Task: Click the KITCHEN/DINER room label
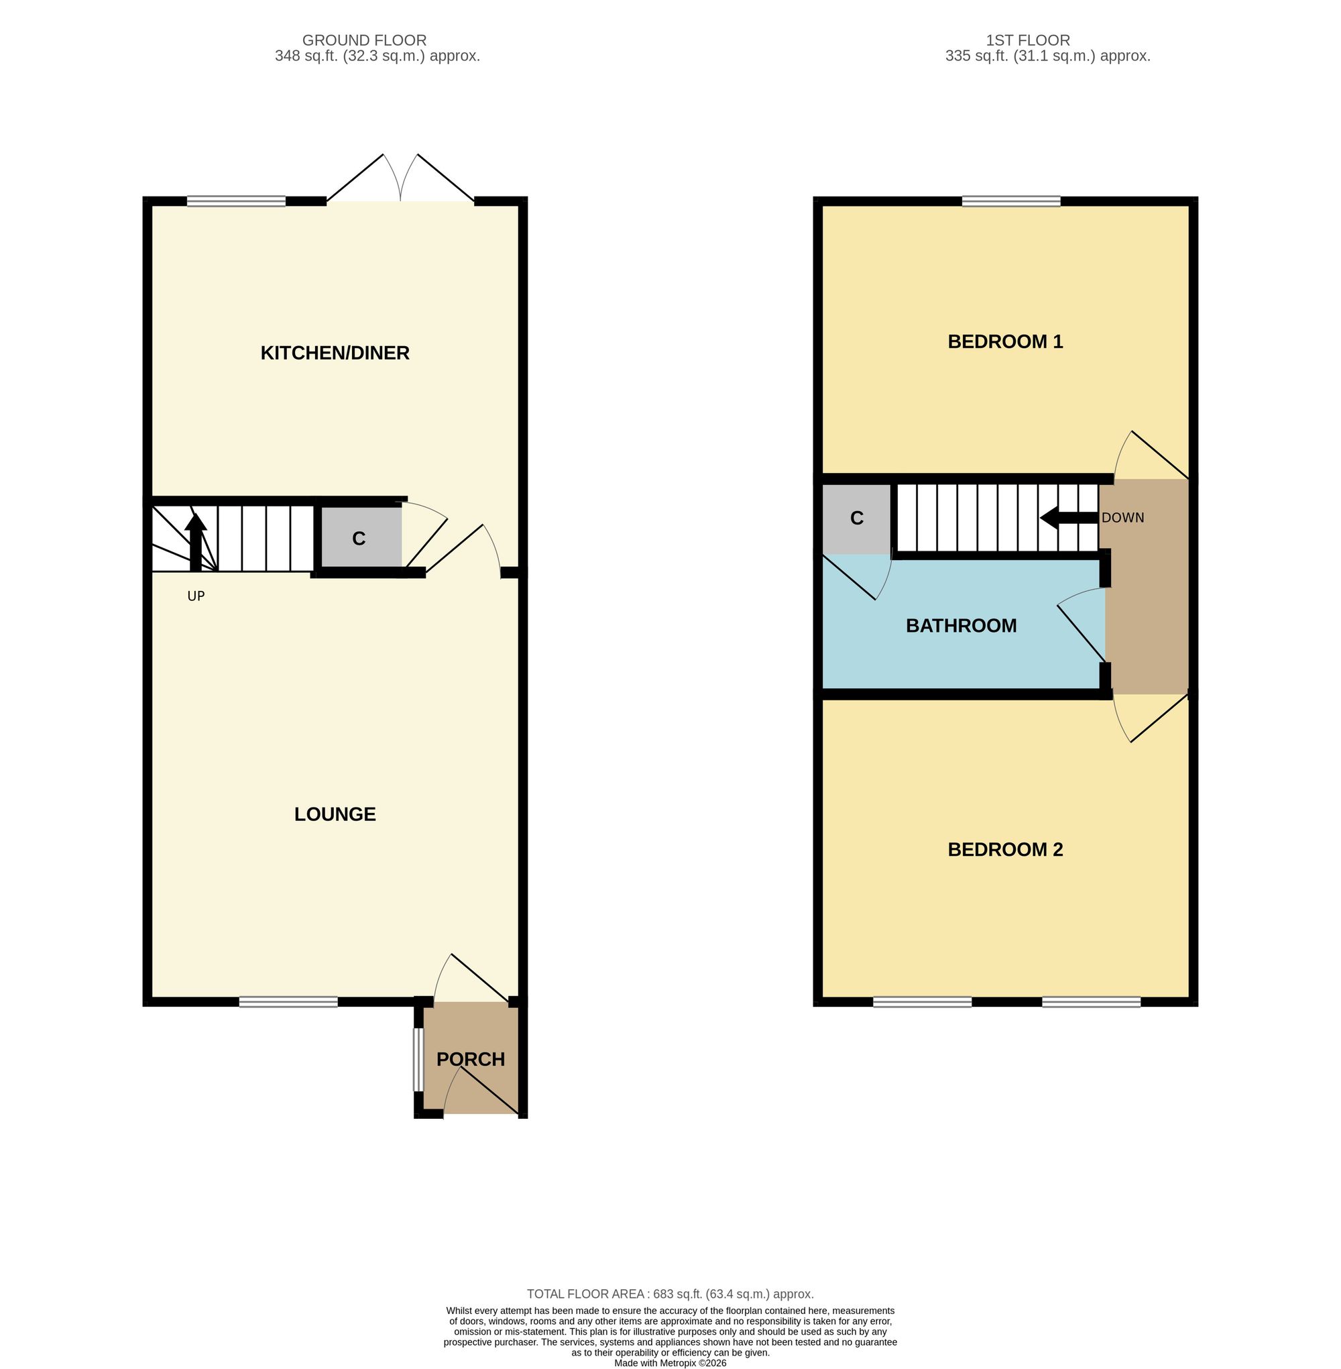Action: [x=335, y=353]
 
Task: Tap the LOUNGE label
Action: [x=335, y=814]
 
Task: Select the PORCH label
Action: [x=471, y=1060]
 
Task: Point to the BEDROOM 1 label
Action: [x=1005, y=341]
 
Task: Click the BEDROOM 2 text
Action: [x=1005, y=850]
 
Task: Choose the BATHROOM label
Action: [x=961, y=626]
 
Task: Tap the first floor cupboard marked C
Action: [x=856, y=518]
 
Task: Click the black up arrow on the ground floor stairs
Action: [x=195, y=543]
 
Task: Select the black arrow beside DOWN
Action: [x=1069, y=518]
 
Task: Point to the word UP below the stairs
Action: [x=196, y=596]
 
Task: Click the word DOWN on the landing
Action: [x=1122, y=518]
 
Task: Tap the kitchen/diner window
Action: [x=236, y=201]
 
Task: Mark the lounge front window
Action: [x=288, y=1002]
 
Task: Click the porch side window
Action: [x=418, y=1060]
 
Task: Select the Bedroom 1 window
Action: [x=1010, y=201]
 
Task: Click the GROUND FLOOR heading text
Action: [x=364, y=41]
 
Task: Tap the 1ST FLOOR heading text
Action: [x=1028, y=41]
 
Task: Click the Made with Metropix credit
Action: [x=670, y=1363]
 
